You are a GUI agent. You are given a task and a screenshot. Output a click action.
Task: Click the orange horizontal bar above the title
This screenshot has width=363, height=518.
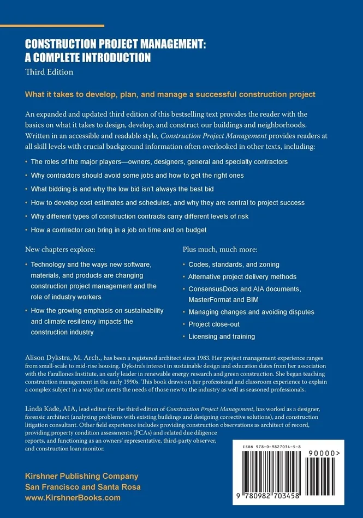point(64,26)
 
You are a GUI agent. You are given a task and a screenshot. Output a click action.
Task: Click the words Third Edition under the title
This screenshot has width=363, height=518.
point(49,71)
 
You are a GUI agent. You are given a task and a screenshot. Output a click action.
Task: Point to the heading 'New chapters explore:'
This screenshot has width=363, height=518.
point(60,250)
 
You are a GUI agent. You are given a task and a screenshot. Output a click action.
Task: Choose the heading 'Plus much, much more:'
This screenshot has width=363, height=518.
point(219,250)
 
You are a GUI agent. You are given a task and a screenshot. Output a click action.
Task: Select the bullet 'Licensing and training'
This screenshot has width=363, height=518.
point(222,337)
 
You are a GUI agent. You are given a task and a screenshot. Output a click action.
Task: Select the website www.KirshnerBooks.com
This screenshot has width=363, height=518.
point(73,498)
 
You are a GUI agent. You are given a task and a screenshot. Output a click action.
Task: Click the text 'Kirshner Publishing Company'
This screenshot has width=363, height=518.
point(81,476)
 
